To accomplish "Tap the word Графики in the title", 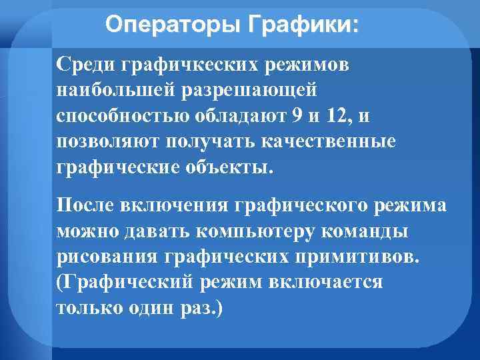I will pos(303,26).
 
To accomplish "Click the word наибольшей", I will pos(113,90).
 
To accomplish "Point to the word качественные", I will pos(339,141).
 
